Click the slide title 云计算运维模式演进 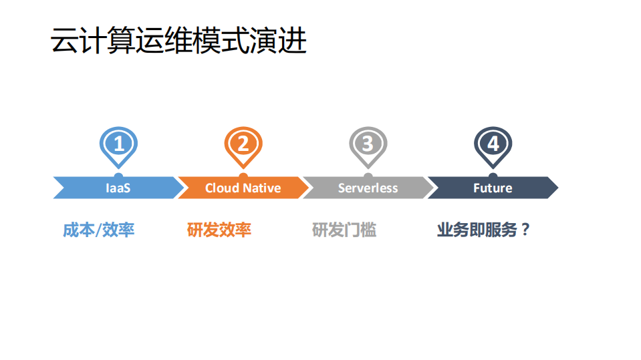pyautogui.click(x=178, y=41)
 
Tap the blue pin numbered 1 pyautogui.click(x=118, y=144)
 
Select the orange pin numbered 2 pyautogui.click(x=243, y=144)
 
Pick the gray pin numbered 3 pyautogui.click(x=368, y=144)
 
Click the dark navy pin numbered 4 pyautogui.click(x=493, y=144)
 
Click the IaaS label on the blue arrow pyautogui.click(x=118, y=188)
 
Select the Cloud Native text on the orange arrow pyautogui.click(x=243, y=188)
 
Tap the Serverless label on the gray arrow pyautogui.click(x=368, y=188)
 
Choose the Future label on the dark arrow pyautogui.click(x=493, y=188)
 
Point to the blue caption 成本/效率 pyautogui.click(x=98, y=230)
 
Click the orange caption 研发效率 pyautogui.click(x=219, y=230)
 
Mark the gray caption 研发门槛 pyautogui.click(x=344, y=230)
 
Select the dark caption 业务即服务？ pyautogui.click(x=483, y=230)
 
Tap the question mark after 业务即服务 pyautogui.click(x=525, y=230)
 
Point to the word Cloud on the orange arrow pyautogui.click(x=222, y=188)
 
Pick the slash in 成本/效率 pyautogui.click(x=99, y=230)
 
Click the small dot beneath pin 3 pyautogui.click(x=368, y=176)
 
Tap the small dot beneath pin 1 pyautogui.click(x=118, y=176)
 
